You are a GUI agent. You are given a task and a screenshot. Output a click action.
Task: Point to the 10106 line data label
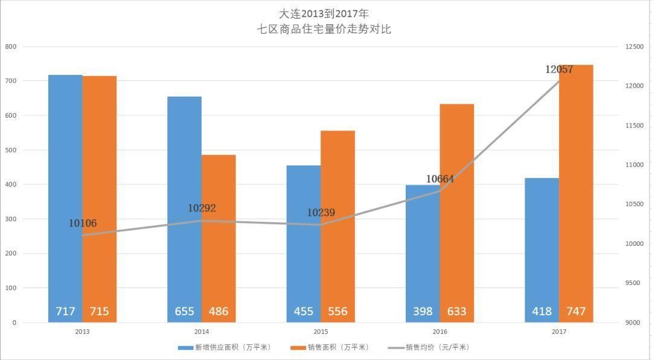tap(83, 223)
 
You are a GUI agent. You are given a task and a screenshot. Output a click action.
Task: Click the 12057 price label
tap(559, 69)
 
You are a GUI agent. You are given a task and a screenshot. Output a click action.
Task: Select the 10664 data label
tap(440, 179)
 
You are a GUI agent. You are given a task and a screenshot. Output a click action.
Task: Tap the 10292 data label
tap(202, 208)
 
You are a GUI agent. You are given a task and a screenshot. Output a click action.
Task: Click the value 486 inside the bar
tap(219, 312)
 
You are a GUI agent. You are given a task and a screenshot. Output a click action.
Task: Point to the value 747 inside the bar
tap(576, 312)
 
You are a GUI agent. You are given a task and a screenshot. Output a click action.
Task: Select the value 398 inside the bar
tap(423, 312)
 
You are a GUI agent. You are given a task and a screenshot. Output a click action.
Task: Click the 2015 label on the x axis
tap(321, 332)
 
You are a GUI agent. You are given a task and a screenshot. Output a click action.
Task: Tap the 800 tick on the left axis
tap(11, 47)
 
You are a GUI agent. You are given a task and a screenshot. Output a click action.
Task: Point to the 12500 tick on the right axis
tap(635, 47)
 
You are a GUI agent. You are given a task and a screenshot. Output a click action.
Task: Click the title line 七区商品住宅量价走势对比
tap(324, 29)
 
